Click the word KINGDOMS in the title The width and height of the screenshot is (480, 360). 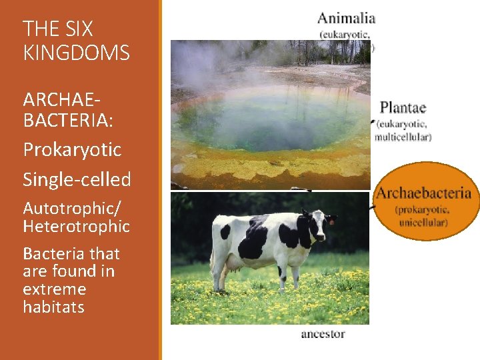point(76,53)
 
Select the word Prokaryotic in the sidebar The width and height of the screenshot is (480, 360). point(72,149)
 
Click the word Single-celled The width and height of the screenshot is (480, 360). point(77,179)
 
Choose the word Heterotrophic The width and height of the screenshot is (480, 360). point(76,227)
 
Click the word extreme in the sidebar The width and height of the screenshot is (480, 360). point(54,289)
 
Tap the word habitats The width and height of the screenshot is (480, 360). point(53,307)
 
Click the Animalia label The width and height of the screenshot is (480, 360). point(347,18)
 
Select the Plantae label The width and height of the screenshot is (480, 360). point(403,107)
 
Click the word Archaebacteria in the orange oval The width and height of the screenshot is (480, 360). point(424,194)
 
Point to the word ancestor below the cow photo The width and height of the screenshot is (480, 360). point(323,333)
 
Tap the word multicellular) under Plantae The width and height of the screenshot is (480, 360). point(403,137)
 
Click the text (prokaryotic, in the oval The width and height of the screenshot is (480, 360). point(423,210)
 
